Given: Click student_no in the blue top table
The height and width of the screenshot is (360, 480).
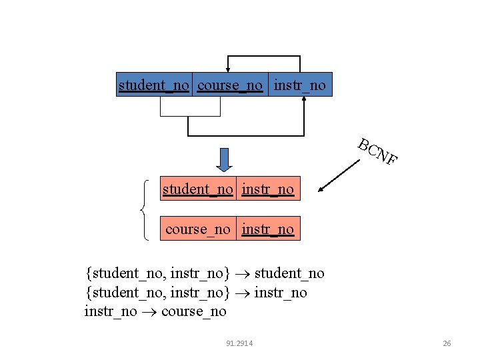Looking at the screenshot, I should [154, 85].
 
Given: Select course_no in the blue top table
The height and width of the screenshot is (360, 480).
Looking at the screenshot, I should [230, 85].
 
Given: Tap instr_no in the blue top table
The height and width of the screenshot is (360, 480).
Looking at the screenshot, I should [300, 85].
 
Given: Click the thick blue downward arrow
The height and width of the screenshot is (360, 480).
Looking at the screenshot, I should [225, 159].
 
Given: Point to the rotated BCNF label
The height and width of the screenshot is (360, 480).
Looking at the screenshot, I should [377, 151].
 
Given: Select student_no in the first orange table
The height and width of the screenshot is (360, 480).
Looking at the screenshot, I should [198, 189].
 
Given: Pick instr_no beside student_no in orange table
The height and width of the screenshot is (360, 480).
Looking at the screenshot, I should [268, 189].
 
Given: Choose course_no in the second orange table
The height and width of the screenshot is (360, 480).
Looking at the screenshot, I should [197, 229].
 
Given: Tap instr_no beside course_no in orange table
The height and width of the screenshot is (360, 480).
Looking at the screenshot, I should [268, 229].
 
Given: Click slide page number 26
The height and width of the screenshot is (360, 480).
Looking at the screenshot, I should [447, 343].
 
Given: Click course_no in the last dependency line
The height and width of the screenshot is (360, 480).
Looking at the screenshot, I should [194, 311].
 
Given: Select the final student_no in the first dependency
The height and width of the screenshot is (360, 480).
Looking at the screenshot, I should [290, 273].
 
